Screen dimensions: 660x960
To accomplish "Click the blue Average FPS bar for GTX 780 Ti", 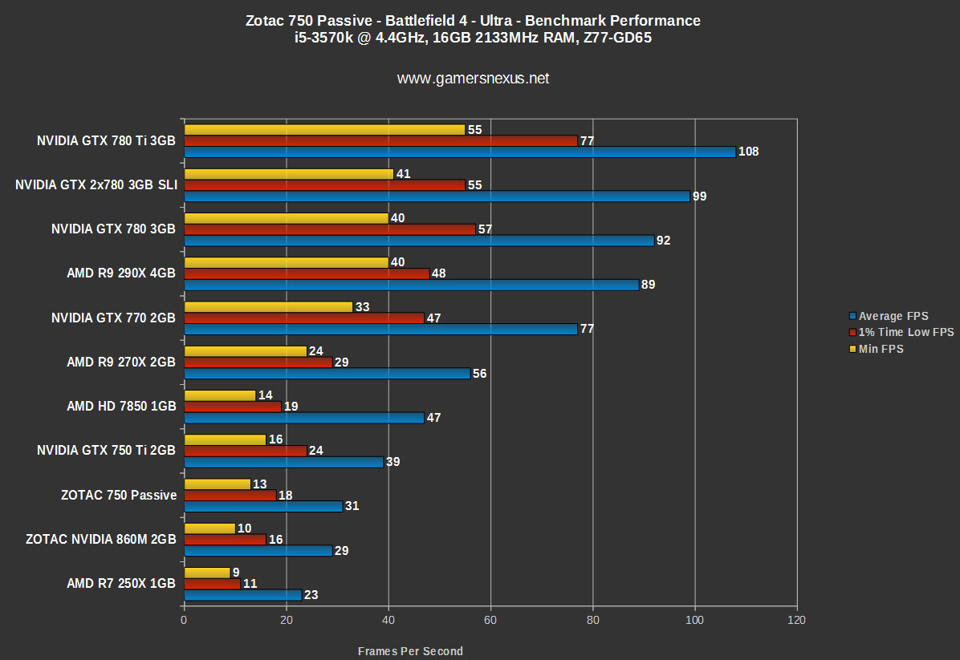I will pyautogui.click(x=459, y=152).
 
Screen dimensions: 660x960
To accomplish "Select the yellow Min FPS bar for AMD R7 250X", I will pyautogui.click(x=207, y=573).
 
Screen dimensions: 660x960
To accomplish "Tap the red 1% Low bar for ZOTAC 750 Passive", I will pyautogui.click(x=230, y=496).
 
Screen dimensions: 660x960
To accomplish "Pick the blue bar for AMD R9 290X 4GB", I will pyautogui.click(x=411, y=285).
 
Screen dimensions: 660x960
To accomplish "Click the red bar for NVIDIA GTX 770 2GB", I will pyautogui.click(x=304, y=318).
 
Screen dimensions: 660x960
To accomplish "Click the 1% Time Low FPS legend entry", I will pyautogui.click(x=901, y=332).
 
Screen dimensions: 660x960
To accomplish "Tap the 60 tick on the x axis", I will pyautogui.click(x=490, y=621).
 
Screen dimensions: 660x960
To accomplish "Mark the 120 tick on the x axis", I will pyautogui.click(x=796, y=621).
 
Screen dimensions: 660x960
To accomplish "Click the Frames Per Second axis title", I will pyautogui.click(x=410, y=651).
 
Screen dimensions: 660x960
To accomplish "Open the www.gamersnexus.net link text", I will pyautogui.click(x=474, y=79).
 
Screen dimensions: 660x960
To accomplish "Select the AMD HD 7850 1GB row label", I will pyautogui.click(x=121, y=407).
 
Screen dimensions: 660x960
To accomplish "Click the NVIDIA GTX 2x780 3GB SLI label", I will pyautogui.click(x=96, y=185).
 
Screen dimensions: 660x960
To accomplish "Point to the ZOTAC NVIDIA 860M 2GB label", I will pyautogui.click(x=100, y=540).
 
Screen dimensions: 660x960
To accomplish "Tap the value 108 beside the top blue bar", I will pyautogui.click(x=749, y=152).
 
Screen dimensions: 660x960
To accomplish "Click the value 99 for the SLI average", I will pyautogui.click(x=699, y=196).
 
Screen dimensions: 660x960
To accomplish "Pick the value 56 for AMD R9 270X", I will pyautogui.click(x=480, y=374).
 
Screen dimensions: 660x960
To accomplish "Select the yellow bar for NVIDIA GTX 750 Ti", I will pyautogui.click(x=225, y=439).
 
